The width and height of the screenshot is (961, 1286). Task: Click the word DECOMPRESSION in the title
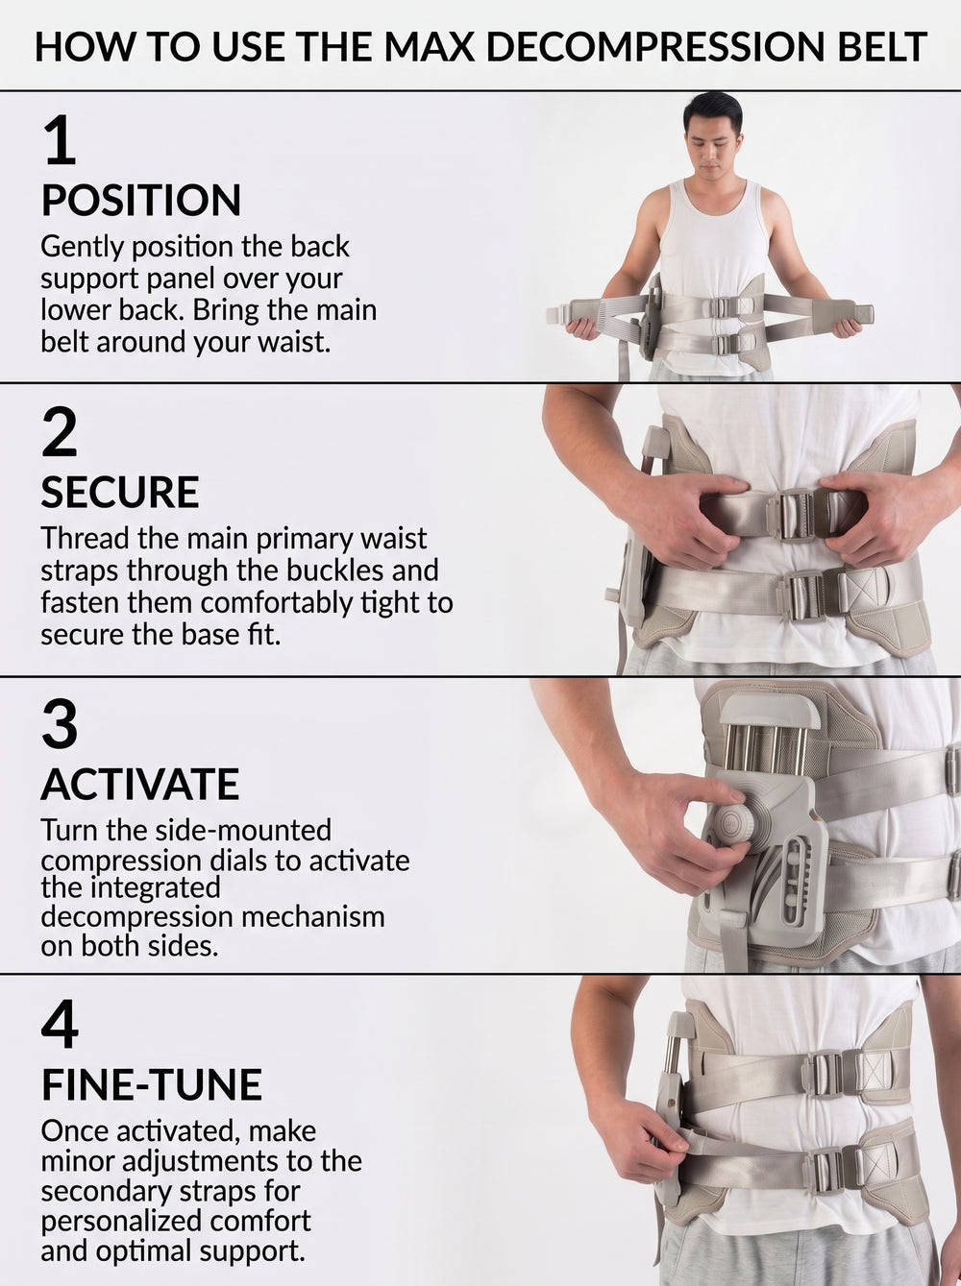655,47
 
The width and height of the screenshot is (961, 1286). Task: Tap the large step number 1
60,140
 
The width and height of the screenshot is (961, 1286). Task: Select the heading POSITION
141,201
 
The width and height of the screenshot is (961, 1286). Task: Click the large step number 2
60,432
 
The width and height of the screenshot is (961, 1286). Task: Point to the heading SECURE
120,492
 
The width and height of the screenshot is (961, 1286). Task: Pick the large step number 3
60,725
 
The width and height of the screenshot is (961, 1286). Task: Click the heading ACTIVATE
140,785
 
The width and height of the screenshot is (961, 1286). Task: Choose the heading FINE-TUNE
152,1084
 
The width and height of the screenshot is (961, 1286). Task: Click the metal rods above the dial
764,751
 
